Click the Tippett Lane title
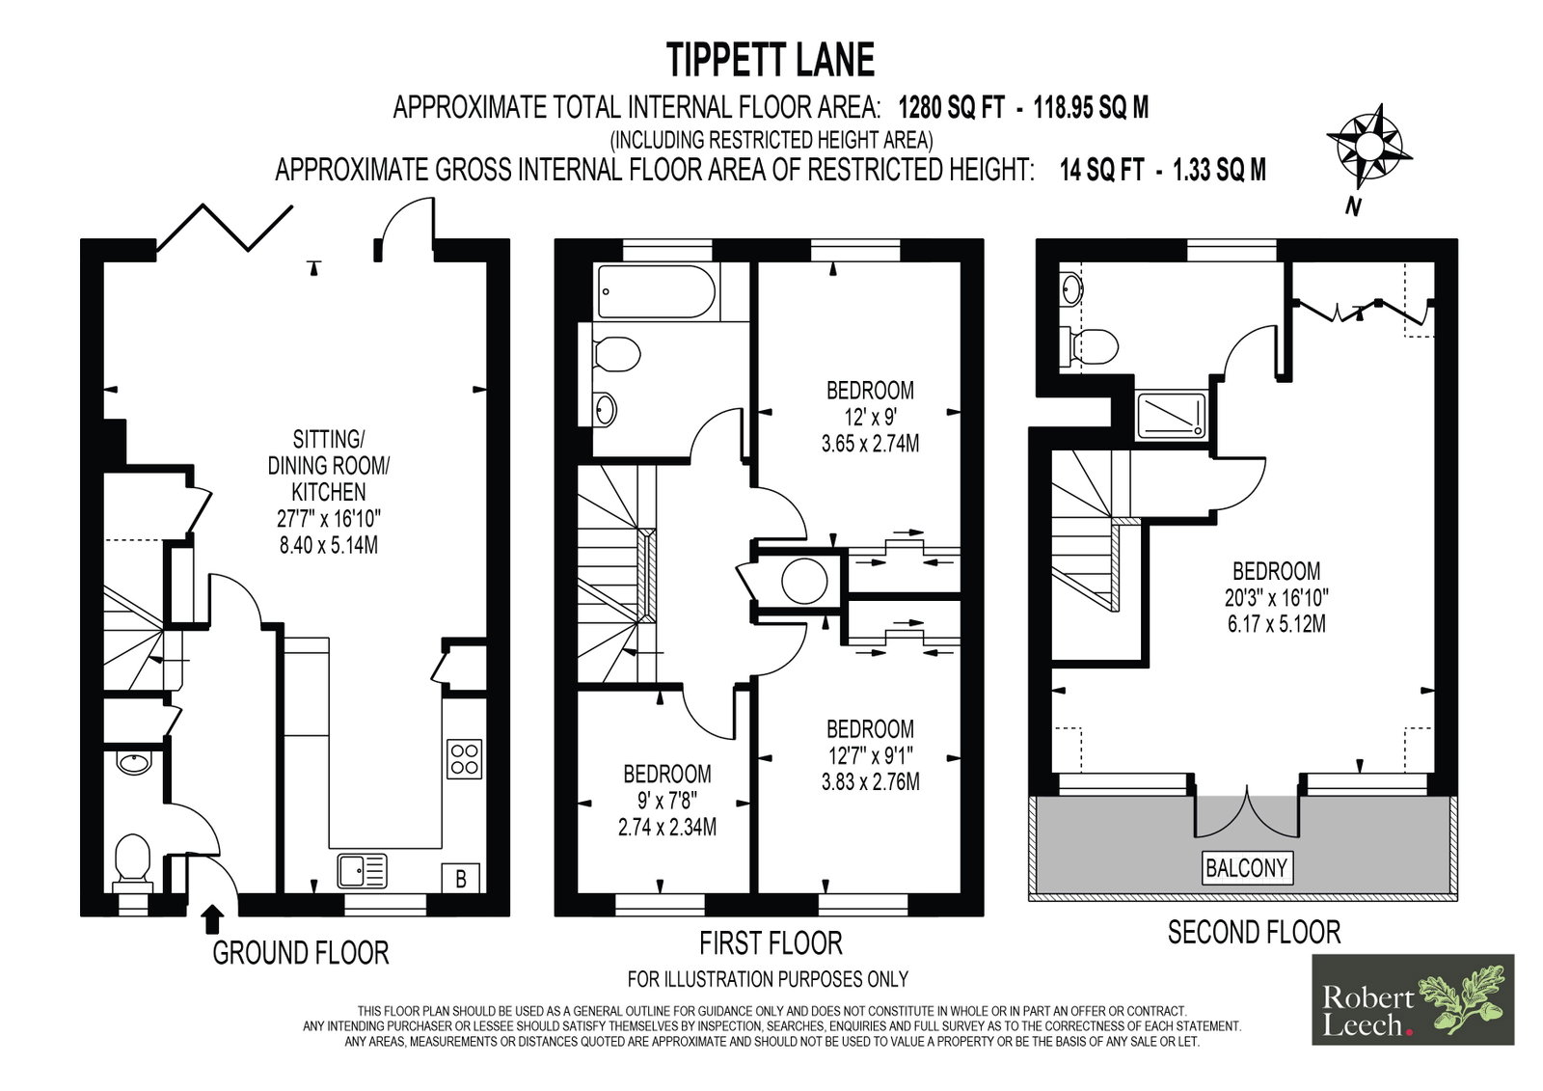pyautogui.click(x=771, y=60)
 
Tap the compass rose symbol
pyautogui.click(x=1368, y=147)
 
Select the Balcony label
pyautogui.click(x=1246, y=868)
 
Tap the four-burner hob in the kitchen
pyautogui.click(x=464, y=759)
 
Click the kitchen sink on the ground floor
pyautogui.click(x=363, y=870)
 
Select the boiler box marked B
pyautogui.click(x=461, y=878)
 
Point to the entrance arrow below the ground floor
pyautogui.click(x=214, y=919)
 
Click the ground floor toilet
pyautogui.click(x=133, y=861)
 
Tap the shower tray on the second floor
pyautogui.click(x=1171, y=415)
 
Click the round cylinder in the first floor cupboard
pyautogui.click(x=804, y=581)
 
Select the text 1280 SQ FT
pyautogui.click(x=951, y=107)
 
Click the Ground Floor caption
pyautogui.click(x=300, y=952)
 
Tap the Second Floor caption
pyautogui.click(x=1255, y=932)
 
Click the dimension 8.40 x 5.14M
pyautogui.click(x=329, y=545)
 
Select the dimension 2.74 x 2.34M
pyautogui.click(x=666, y=827)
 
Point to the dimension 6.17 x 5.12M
pyautogui.click(x=1277, y=624)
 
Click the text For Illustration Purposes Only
pyautogui.click(x=768, y=979)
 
